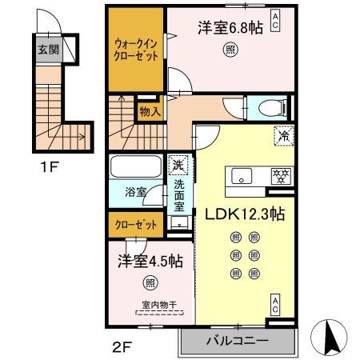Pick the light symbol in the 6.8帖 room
click(230, 47)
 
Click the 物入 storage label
click(149, 111)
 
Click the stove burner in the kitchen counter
click(280, 174)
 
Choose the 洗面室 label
click(178, 194)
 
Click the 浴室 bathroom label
click(135, 193)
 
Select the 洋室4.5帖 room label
click(148, 261)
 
